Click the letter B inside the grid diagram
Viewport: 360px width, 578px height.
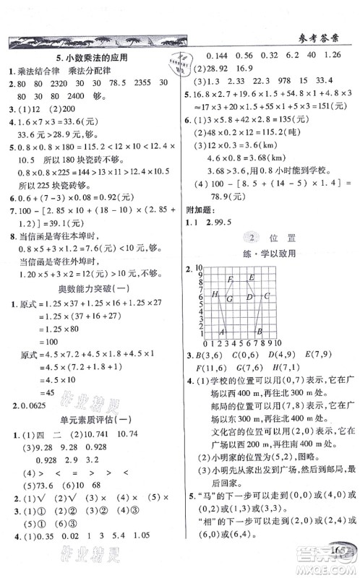point(257,332)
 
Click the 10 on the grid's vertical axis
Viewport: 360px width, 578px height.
point(196,268)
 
